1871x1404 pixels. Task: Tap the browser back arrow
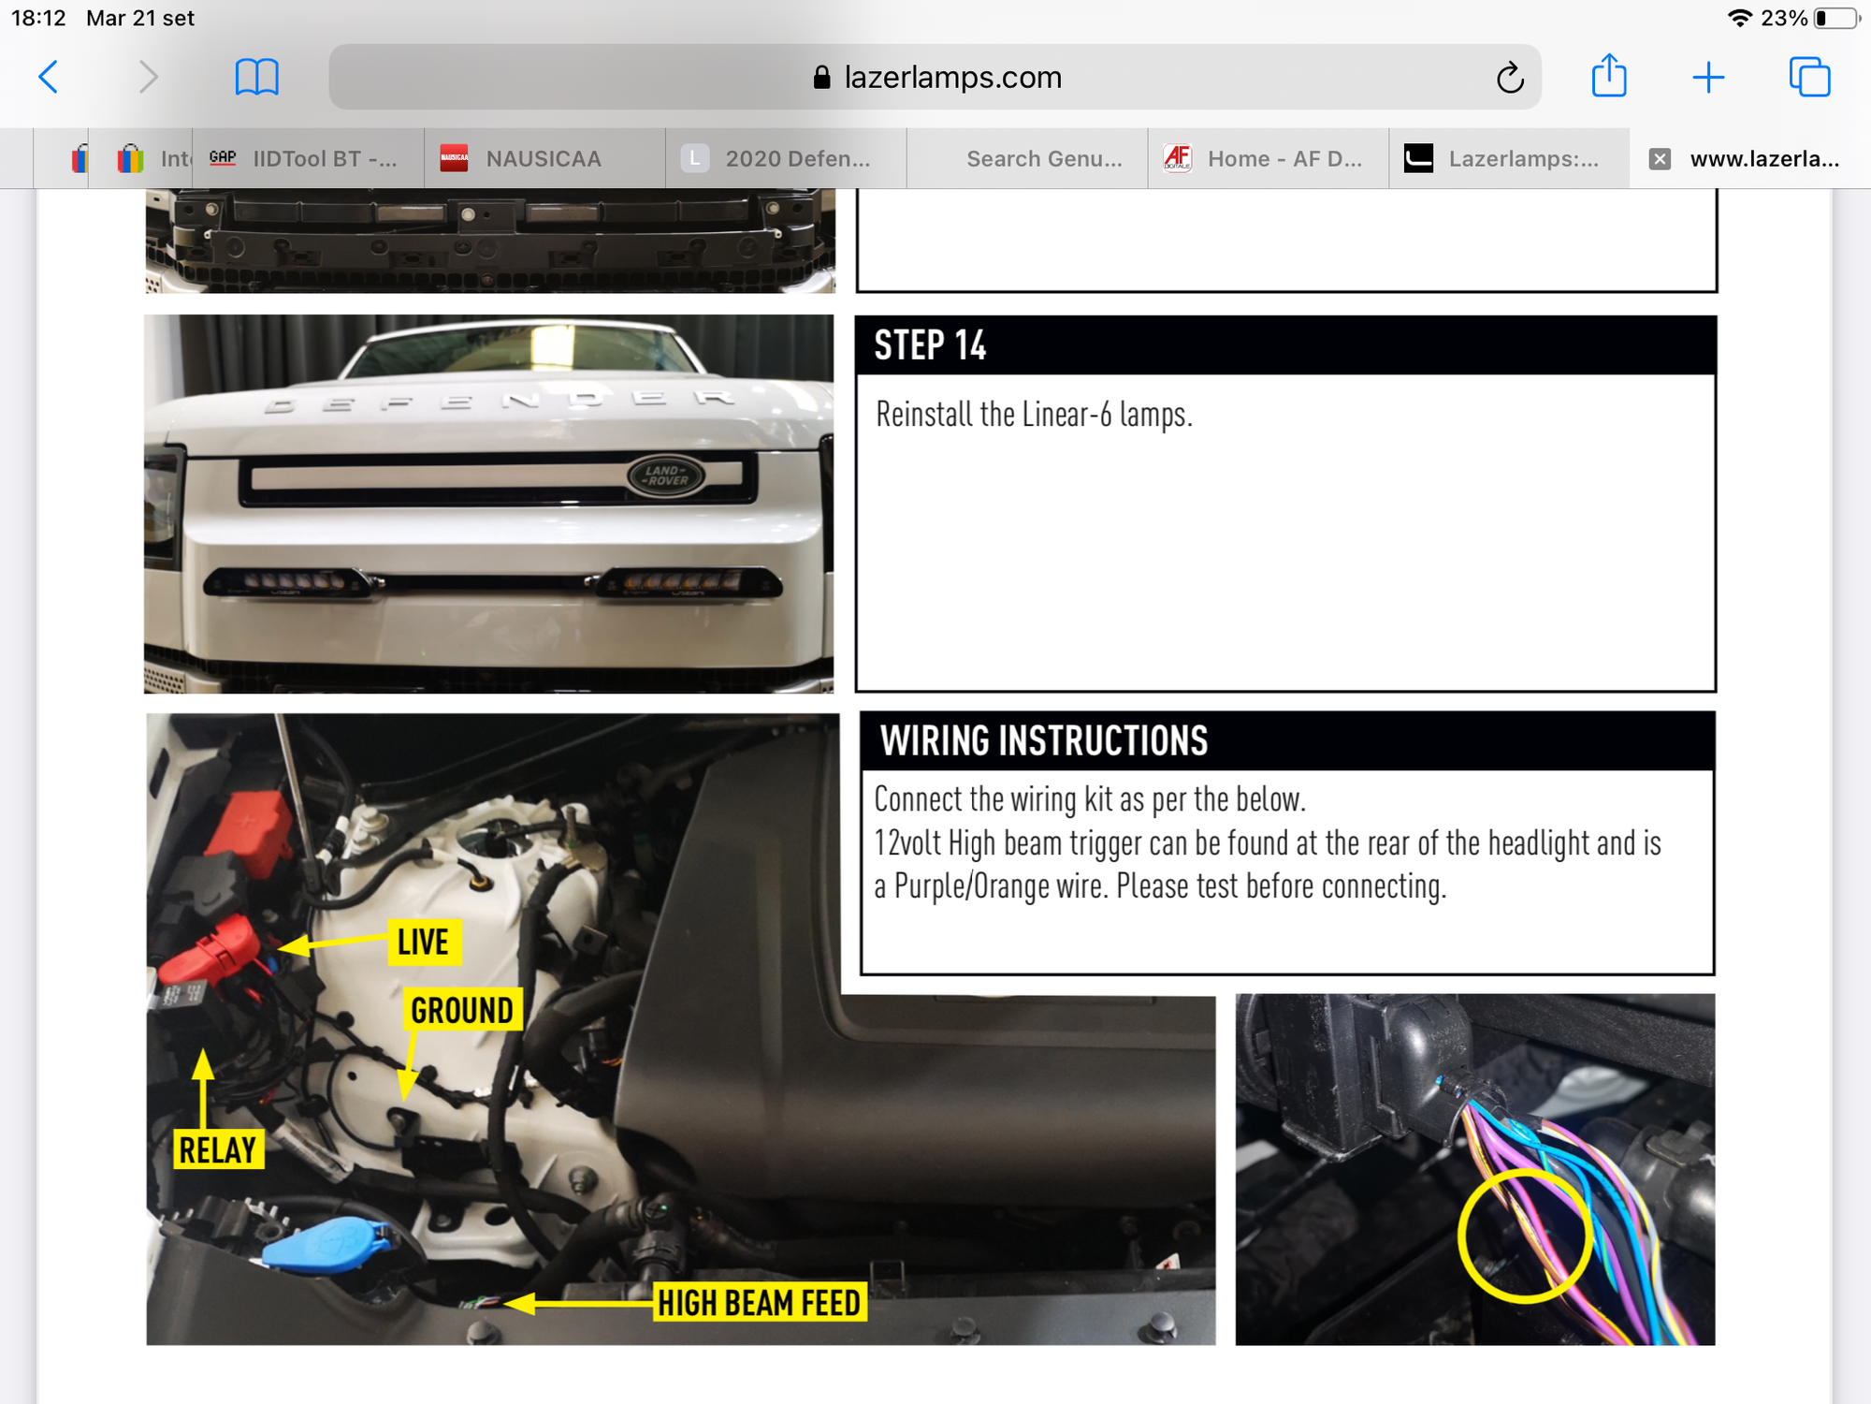pyautogui.click(x=49, y=77)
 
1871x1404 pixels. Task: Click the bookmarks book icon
pyautogui.click(x=256, y=77)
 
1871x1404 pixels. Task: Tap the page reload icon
pyautogui.click(x=1510, y=78)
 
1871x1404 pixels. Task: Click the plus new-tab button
pyautogui.click(x=1708, y=77)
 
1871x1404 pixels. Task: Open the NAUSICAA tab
pyautogui.click(x=544, y=159)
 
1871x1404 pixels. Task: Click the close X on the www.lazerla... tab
pyautogui.click(x=1660, y=159)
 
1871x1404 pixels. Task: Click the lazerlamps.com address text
pyautogui.click(x=952, y=78)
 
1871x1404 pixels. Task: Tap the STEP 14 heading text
pyautogui.click(x=930, y=345)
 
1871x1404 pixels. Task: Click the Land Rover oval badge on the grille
pyautogui.click(x=665, y=475)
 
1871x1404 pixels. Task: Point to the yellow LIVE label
pyautogui.click(x=423, y=942)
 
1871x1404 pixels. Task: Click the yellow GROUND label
pyautogui.click(x=462, y=1011)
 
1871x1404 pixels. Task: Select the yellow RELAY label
pyautogui.click(x=218, y=1150)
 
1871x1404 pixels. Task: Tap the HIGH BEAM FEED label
pyautogui.click(x=759, y=1303)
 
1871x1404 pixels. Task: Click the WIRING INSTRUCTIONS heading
pyautogui.click(x=1044, y=741)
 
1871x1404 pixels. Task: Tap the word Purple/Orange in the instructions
pyautogui.click(x=971, y=885)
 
